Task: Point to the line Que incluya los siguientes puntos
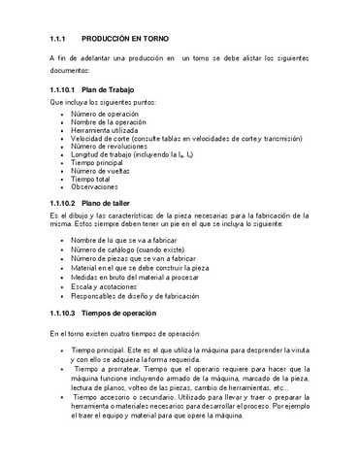[108, 102]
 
